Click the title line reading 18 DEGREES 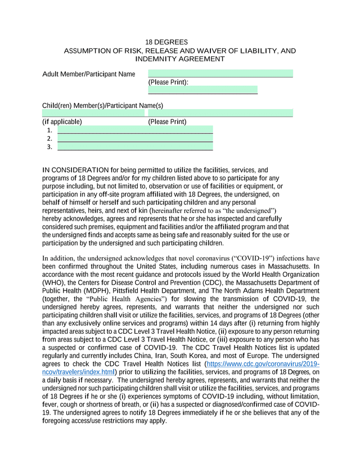(x=166, y=42)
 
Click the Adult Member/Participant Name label (x=89, y=74)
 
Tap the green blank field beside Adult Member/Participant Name (x=220, y=73)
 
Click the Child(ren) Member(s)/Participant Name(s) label (x=102, y=106)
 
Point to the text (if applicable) (x=62, y=122)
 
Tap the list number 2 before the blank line (x=49, y=138)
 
